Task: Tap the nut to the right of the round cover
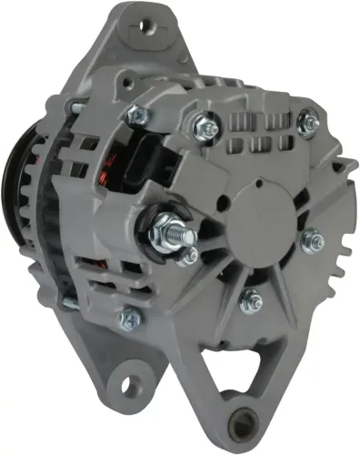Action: [315, 240]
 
